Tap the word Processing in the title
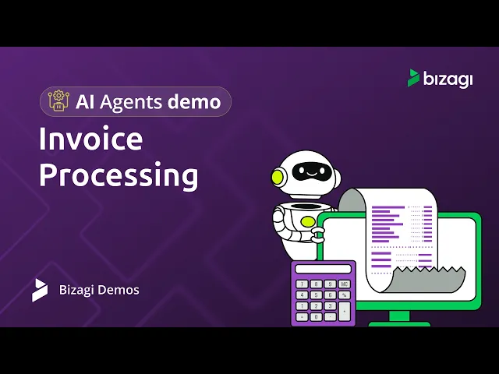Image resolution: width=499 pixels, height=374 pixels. [119, 175]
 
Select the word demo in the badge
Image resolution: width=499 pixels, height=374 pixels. [194, 102]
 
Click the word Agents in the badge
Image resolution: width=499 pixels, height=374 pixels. [131, 103]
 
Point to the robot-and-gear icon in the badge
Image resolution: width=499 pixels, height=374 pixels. [58, 101]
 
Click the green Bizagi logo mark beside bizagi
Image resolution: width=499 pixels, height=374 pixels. [413, 78]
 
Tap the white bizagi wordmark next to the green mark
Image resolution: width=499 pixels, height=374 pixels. [448, 79]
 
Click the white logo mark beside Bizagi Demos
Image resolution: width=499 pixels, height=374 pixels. [40, 290]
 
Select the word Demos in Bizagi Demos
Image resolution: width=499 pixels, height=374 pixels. [118, 290]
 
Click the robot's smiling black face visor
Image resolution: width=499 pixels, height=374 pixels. [310, 171]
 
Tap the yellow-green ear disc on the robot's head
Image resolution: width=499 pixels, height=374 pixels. [278, 177]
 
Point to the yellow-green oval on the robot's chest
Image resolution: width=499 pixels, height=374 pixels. [308, 221]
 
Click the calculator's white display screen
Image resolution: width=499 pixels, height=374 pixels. [323, 269]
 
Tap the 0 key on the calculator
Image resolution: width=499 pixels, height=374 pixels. [316, 317]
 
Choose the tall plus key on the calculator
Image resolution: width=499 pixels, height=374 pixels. [344, 312]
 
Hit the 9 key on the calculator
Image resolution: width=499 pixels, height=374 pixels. [330, 284]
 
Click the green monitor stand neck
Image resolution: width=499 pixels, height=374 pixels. [399, 316]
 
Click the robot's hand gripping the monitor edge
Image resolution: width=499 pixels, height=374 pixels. [317, 235]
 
